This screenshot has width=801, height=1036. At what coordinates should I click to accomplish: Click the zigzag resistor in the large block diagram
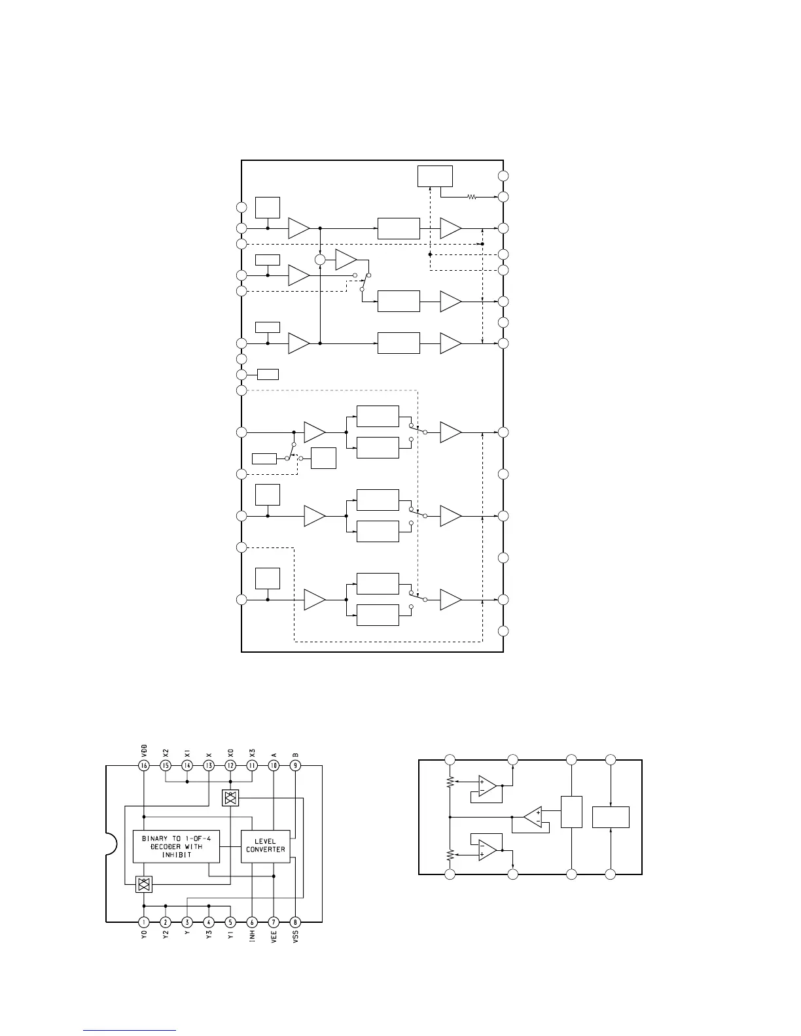[x=471, y=196]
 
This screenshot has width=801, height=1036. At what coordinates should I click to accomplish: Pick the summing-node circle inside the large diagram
[x=320, y=260]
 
